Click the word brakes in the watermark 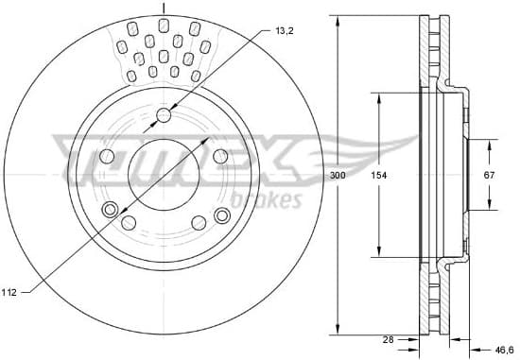272,199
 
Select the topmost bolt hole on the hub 164,115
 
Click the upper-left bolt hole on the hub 107,156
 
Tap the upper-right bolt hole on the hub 220,156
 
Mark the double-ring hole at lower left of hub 111,210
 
